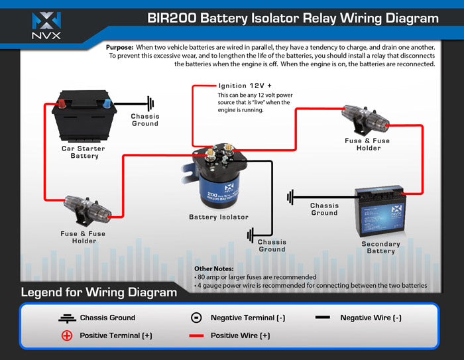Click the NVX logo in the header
click(x=46, y=24)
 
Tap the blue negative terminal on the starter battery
click(x=105, y=103)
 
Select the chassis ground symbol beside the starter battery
click(x=150, y=103)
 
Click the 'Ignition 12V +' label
click(x=245, y=86)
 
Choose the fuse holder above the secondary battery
click(x=366, y=121)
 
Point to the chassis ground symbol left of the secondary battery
click(x=291, y=197)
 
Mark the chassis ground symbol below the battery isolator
click(x=251, y=235)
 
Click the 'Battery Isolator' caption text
click(x=219, y=217)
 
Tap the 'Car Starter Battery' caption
click(x=84, y=152)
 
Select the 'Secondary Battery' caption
click(x=380, y=247)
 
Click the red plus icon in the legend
click(x=66, y=335)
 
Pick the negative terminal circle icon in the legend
click(x=196, y=318)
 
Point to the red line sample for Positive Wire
click(x=196, y=336)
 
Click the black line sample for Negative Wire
click(x=323, y=318)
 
